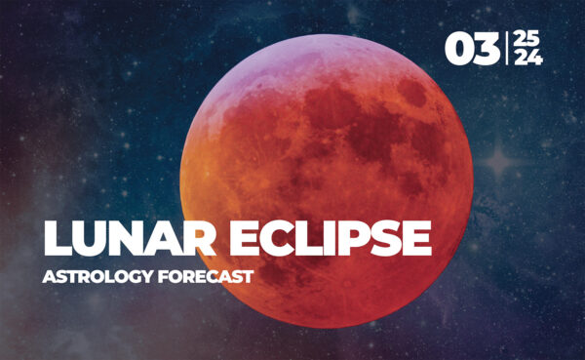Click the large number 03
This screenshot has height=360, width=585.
(472, 49)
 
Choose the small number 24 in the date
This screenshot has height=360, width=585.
(527, 59)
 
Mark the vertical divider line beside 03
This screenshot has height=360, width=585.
(506, 49)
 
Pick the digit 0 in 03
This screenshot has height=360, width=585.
(458, 49)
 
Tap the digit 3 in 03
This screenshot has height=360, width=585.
(487, 49)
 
